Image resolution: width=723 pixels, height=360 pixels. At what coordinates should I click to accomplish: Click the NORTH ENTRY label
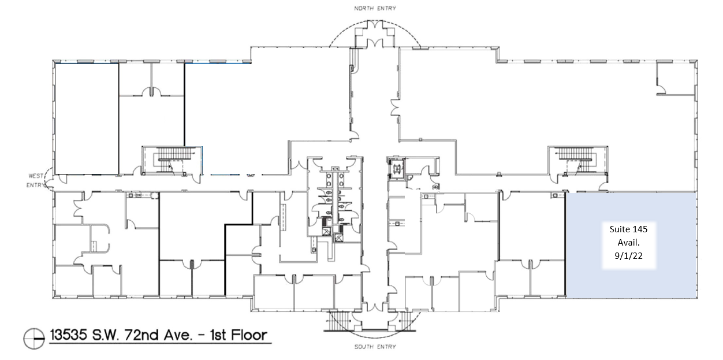tap(375, 9)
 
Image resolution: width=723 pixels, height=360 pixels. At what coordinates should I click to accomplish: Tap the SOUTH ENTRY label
tap(375, 347)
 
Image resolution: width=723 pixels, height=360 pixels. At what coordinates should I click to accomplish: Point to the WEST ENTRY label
tap(35, 180)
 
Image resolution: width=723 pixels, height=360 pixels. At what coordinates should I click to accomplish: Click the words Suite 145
tap(628, 229)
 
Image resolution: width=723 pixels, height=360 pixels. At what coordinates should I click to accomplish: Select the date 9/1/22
tap(628, 256)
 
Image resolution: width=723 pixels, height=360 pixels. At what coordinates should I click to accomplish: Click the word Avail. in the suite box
tap(628, 242)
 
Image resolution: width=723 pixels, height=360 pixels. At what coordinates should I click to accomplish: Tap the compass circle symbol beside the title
tap(34, 339)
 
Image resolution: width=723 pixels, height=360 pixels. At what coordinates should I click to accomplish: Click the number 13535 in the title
tap(68, 335)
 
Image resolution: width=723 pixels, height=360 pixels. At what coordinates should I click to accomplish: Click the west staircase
tap(172, 161)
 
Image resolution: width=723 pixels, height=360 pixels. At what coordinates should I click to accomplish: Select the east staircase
tap(577, 161)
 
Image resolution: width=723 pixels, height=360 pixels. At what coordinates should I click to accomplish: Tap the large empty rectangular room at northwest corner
tap(87, 119)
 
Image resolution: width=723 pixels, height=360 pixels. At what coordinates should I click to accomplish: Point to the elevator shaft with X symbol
tap(396, 168)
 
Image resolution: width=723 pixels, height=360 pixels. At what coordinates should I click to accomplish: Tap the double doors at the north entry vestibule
tap(375, 42)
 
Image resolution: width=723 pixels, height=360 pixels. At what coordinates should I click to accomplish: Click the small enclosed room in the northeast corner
tap(676, 79)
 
